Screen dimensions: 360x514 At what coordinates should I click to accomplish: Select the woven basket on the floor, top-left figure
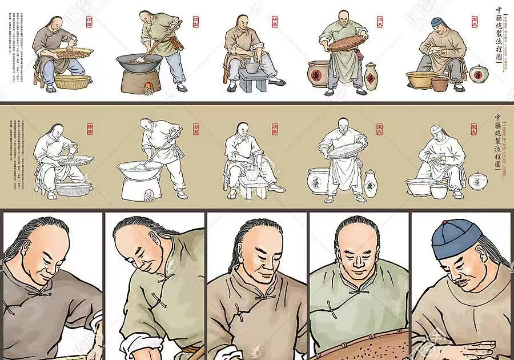click(x=72, y=82)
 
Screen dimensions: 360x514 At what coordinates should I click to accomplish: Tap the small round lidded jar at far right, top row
click(x=477, y=73)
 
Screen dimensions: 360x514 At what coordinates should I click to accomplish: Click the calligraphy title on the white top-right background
click(x=499, y=34)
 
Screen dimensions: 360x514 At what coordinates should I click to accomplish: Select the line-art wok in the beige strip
click(x=139, y=169)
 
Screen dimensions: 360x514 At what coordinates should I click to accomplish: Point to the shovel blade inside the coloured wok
click(x=140, y=59)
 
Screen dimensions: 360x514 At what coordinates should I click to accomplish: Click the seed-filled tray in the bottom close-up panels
click(x=366, y=346)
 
